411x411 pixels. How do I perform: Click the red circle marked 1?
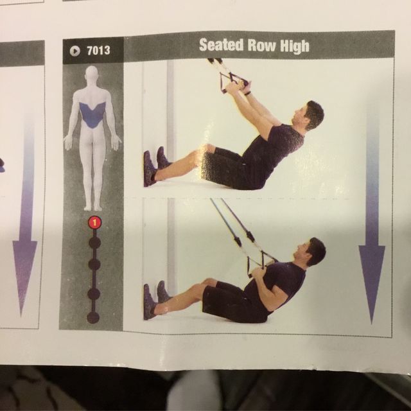pyautogui.click(x=94, y=223)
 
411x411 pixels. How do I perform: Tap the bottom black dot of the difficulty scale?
pyautogui.click(x=94, y=317)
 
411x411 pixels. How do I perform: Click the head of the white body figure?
pyautogui.click(x=92, y=74)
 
